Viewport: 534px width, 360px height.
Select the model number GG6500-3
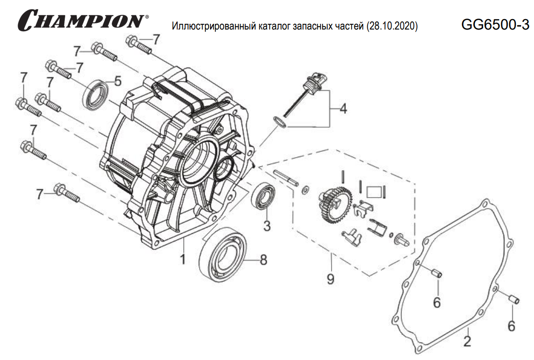tap(495, 25)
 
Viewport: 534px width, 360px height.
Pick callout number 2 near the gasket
tap(467, 341)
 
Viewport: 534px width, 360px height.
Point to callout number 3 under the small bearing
tap(267, 225)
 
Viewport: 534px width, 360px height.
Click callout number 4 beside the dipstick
tap(343, 109)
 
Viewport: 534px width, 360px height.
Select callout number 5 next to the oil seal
tap(118, 80)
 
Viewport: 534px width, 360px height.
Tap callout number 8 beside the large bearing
tap(262, 260)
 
